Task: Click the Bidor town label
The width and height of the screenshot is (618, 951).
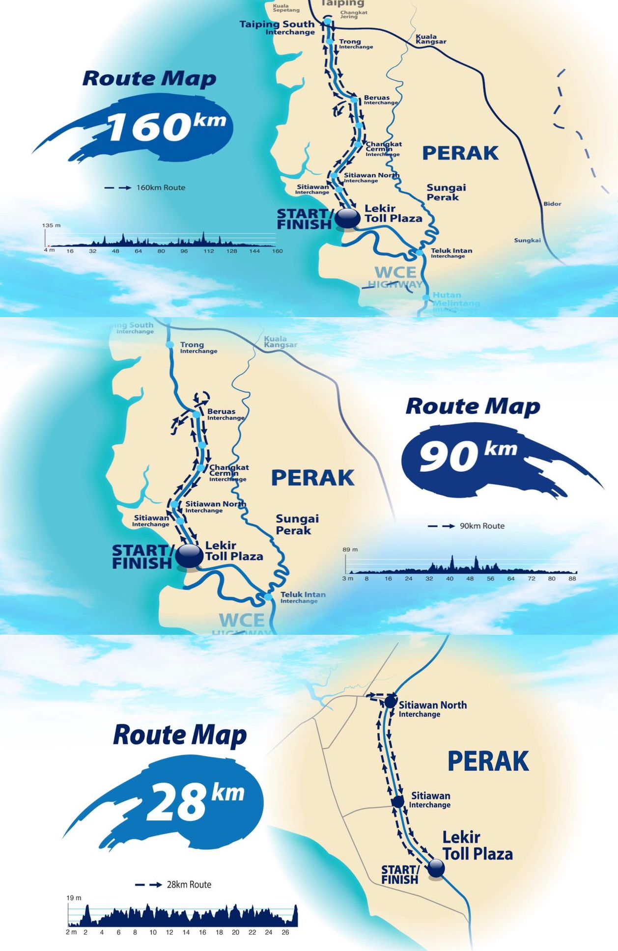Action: (x=552, y=204)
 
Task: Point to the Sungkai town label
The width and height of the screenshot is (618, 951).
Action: (x=527, y=240)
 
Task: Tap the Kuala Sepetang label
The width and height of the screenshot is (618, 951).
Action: (x=286, y=8)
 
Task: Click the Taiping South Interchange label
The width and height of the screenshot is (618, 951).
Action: (x=277, y=27)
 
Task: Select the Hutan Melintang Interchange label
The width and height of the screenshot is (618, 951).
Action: (x=454, y=301)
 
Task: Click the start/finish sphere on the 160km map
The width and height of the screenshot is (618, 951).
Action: (x=348, y=218)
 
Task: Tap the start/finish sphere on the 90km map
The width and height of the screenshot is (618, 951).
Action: (x=189, y=555)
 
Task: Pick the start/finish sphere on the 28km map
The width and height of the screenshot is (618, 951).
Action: (x=436, y=868)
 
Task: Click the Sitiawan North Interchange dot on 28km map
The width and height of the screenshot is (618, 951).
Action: (x=391, y=701)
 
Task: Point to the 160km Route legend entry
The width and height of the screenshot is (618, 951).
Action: (x=145, y=188)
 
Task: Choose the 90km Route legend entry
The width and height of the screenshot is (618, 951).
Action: (x=467, y=526)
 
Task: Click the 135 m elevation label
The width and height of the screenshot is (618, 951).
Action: (x=51, y=225)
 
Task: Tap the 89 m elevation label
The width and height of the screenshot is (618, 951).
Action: (x=350, y=549)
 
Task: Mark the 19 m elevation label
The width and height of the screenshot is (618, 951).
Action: (x=74, y=897)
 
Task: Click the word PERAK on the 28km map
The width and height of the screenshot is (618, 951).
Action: (x=488, y=761)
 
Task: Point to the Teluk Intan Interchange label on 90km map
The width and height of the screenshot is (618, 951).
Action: (x=303, y=597)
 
